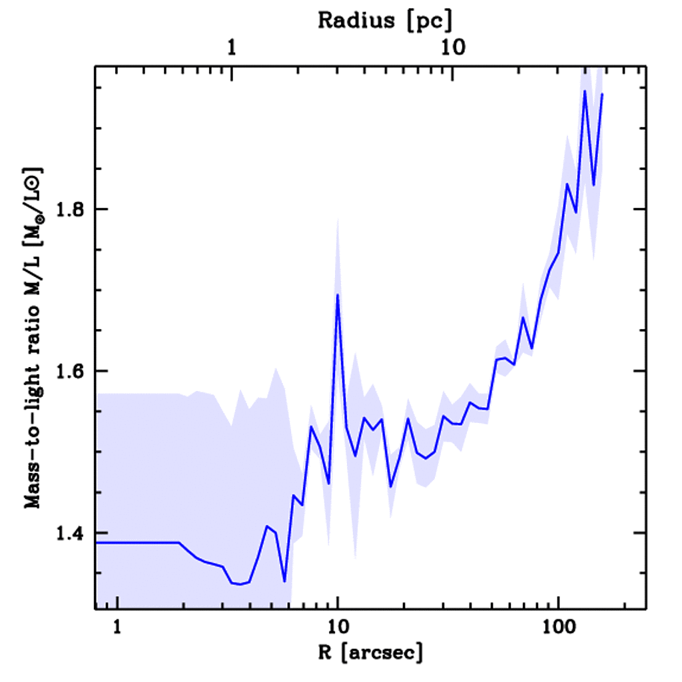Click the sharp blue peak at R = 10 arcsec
tap(338, 295)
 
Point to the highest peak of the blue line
tap(584, 91)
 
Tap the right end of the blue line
tap(602, 95)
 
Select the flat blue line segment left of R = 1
tap(107, 543)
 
